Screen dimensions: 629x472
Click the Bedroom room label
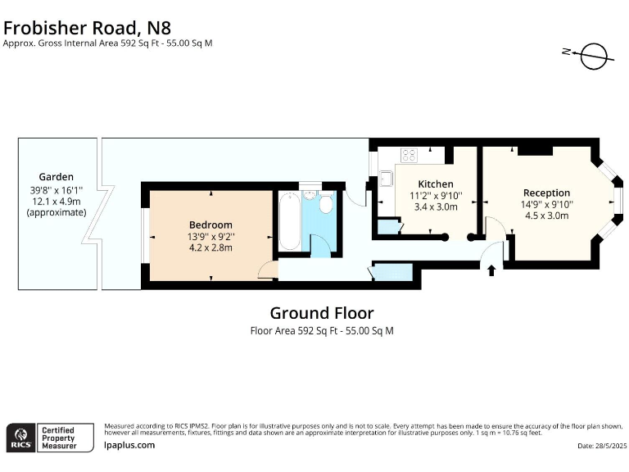210,225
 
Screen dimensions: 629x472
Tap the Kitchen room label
436,184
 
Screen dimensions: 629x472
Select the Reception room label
546,193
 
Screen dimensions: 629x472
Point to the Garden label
57,177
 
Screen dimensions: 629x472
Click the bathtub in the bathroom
289,221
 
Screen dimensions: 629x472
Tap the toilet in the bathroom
326,203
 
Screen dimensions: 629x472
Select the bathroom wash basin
310,196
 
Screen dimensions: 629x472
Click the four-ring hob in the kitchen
409,155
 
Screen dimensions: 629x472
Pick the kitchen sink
386,178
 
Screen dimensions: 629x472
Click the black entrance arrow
491,270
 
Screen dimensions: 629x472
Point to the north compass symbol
590,56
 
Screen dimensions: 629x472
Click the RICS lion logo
20,438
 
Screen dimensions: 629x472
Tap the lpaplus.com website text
129,445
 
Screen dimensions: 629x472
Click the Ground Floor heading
322,313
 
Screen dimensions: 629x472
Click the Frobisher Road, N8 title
87,28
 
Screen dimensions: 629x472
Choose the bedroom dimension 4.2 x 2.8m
210,247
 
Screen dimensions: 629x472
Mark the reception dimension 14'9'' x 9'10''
547,204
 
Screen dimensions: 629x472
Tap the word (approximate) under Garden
57,212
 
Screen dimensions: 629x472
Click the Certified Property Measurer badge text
59,438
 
